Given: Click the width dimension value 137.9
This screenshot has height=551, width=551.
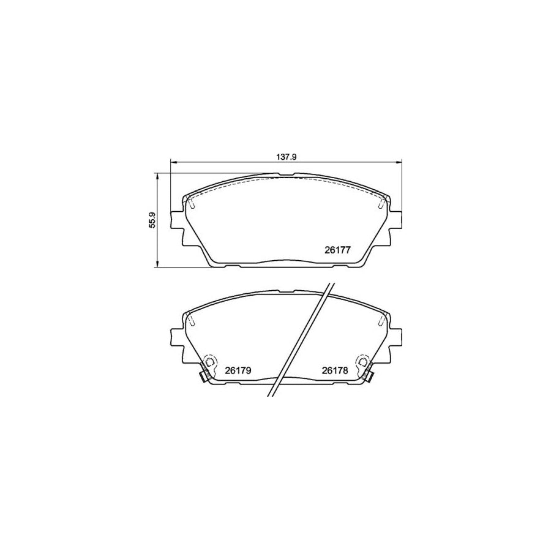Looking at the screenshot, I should point(286,157).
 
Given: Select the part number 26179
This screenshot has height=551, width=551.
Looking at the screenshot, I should point(238,370).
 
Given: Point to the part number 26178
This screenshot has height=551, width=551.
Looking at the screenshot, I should point(335,370).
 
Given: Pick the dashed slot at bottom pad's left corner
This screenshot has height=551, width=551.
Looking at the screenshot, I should point(191,320).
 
